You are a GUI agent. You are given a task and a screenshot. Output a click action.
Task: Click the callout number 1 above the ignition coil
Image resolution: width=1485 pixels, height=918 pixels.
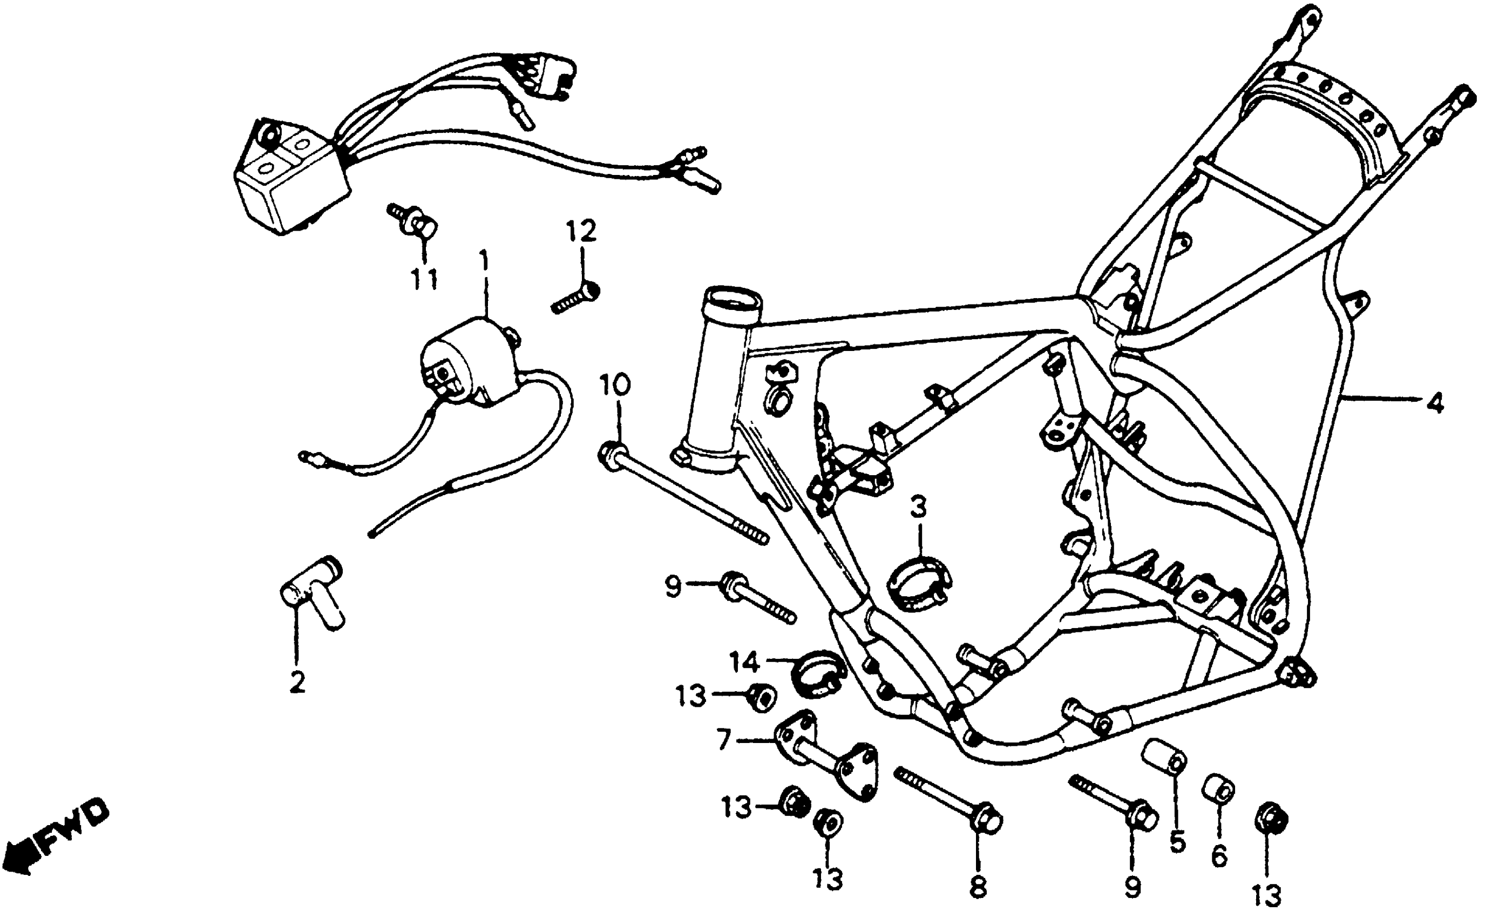(x=484, y=263)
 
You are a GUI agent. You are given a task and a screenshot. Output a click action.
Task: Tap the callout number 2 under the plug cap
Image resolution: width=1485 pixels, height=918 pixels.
(x=297, y=683)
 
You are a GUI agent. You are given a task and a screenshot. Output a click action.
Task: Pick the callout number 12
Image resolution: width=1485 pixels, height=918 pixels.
(x=581, y=231)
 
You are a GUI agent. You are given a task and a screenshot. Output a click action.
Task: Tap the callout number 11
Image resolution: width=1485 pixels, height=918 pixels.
(x=424, y=280)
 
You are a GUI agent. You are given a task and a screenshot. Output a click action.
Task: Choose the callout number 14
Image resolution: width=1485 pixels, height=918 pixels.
(x=744, y=663)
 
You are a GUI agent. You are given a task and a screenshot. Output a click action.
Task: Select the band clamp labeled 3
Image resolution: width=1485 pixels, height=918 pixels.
(x=919, y=583)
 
